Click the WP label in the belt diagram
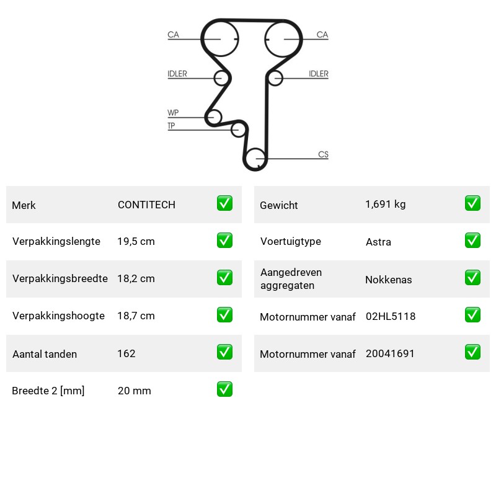pos(173,113)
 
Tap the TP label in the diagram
pos(171,126)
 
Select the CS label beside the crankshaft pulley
pos(323,154)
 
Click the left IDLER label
pos(177,74)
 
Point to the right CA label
pos(322,35)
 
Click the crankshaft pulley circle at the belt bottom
pos(246,159)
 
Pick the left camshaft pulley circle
pos(204,38)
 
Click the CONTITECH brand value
pos(146,205)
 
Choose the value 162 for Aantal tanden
pos(126,353)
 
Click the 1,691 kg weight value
pos(385,205)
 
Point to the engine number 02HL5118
pos(391,316)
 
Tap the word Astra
pos(378,242)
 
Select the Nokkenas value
pos(389,280)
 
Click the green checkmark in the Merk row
pos(224,203)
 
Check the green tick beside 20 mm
pos(224,389)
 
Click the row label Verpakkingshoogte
pos(58,316)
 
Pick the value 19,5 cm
pos(136,241)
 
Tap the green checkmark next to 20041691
pos(472,352)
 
